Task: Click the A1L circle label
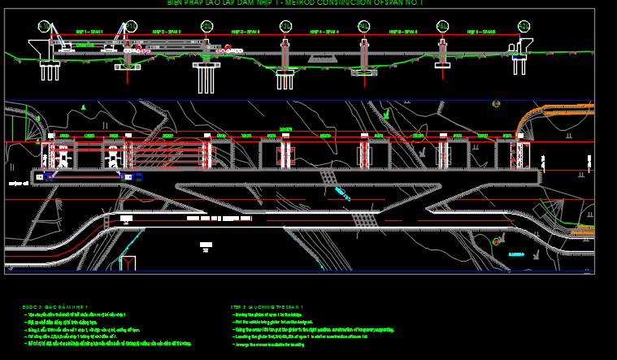coord(44,26)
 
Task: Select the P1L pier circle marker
coord(130,26)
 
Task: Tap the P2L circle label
coord(206,26)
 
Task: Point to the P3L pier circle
coord(285,26)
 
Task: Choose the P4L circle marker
coord(364,26)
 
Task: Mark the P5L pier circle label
coord(442,26)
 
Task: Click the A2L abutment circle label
coord(524,26)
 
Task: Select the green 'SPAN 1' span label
coord(89,32)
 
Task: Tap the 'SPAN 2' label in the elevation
coord(167,32)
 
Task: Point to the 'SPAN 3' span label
coord(245,32)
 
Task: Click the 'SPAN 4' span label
coord(324,32)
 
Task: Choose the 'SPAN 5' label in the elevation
coord(403,32)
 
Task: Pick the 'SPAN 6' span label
coord(483,32)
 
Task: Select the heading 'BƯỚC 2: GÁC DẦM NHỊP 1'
coord(55,307)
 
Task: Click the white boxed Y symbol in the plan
coord(128,262)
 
